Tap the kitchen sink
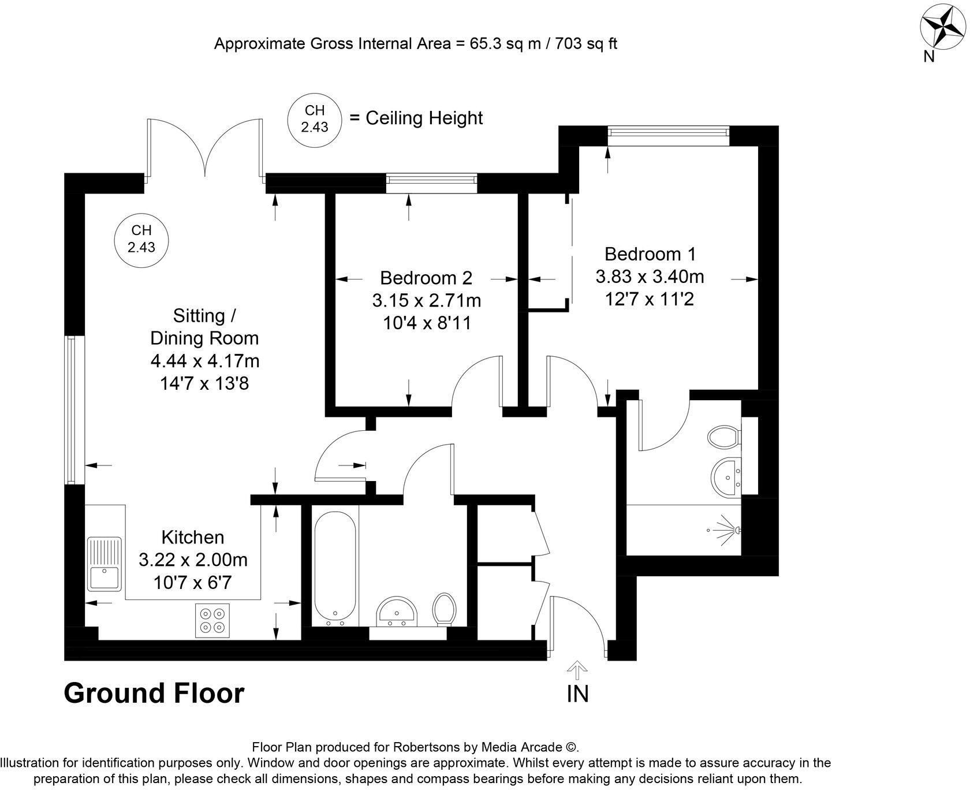click(x=105, y=564)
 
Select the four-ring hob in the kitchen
click(x=212, y=621)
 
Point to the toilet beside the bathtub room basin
click(x=444, y=609)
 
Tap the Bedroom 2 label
click(x=426, y=278)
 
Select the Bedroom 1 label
click(x=650, y=254)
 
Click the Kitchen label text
click(x=193, y=537)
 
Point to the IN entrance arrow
click(x=577, y=671)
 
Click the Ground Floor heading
click(x=154, y=693)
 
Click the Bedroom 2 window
click(x=432, y=183)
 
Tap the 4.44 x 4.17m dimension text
click(x=205, y=361)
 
